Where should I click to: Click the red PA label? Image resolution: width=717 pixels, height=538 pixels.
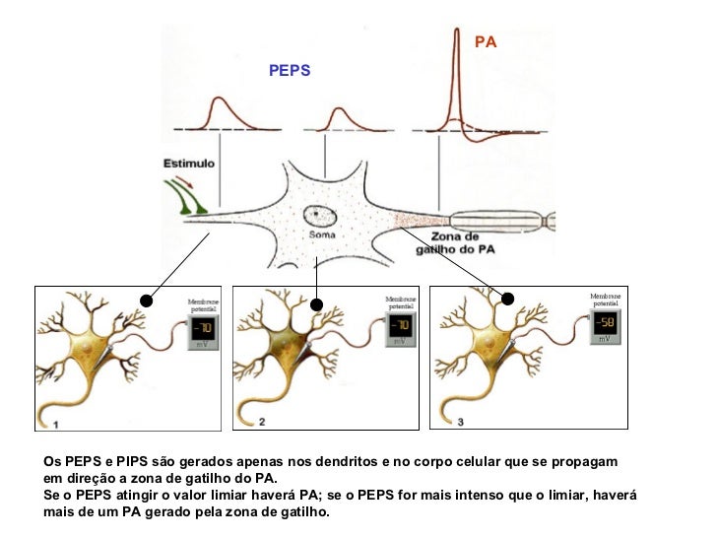486,42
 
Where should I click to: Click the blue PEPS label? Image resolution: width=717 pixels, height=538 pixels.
291,71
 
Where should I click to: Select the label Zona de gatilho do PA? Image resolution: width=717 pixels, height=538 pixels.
456,243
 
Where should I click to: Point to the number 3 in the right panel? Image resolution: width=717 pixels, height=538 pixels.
461,422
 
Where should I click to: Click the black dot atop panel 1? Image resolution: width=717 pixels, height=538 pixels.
147,300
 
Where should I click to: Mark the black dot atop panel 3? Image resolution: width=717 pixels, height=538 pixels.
509,299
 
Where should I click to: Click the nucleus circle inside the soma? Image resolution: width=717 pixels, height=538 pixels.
319,214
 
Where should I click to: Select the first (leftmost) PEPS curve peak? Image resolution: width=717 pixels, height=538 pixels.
217,99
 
